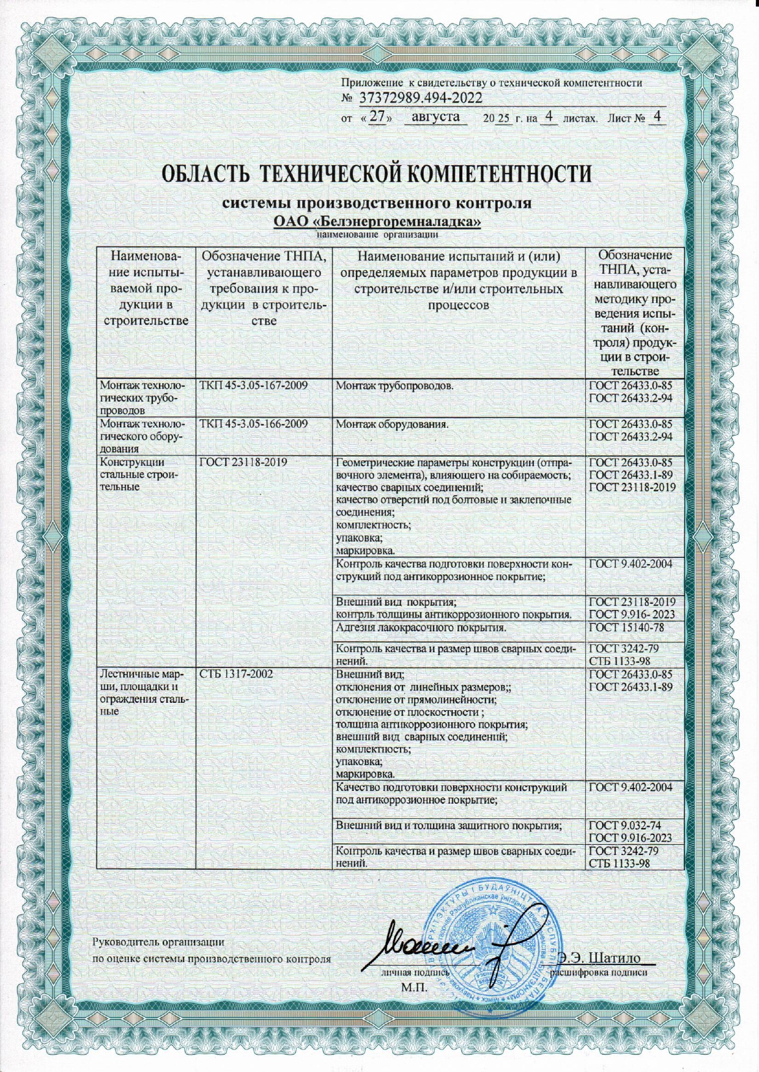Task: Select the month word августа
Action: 436,117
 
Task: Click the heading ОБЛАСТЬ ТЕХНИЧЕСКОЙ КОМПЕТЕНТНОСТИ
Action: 377,174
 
